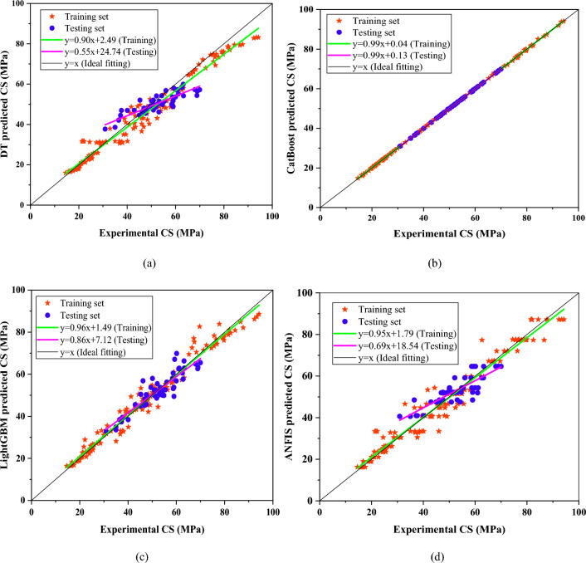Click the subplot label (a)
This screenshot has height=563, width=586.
pyautogui.click(x=149, y=263)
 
